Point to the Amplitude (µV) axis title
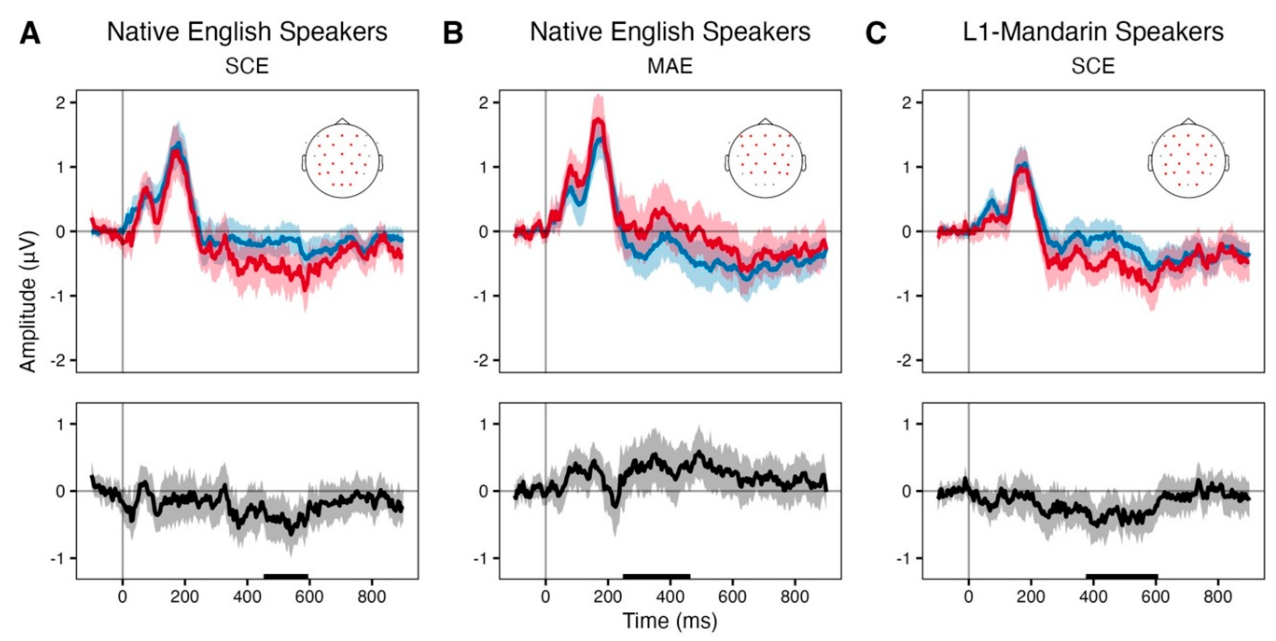coord(29,301)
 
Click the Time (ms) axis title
coord(670,620)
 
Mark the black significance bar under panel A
coord(286,576)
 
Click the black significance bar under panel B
coord(656,576)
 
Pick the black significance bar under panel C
coord(1122,576)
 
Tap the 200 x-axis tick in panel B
coord(608,596)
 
